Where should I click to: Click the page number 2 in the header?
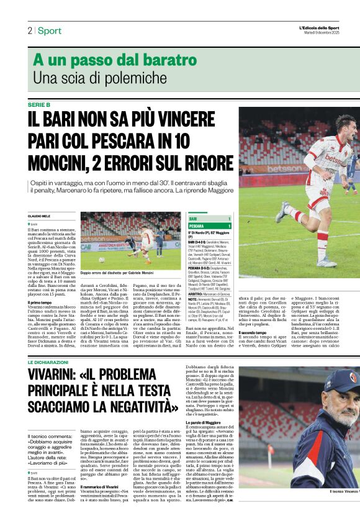[x=29, y=30]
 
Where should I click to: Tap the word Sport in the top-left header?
[x=50, y=30]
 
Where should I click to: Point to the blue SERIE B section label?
[x=40, y=104]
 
